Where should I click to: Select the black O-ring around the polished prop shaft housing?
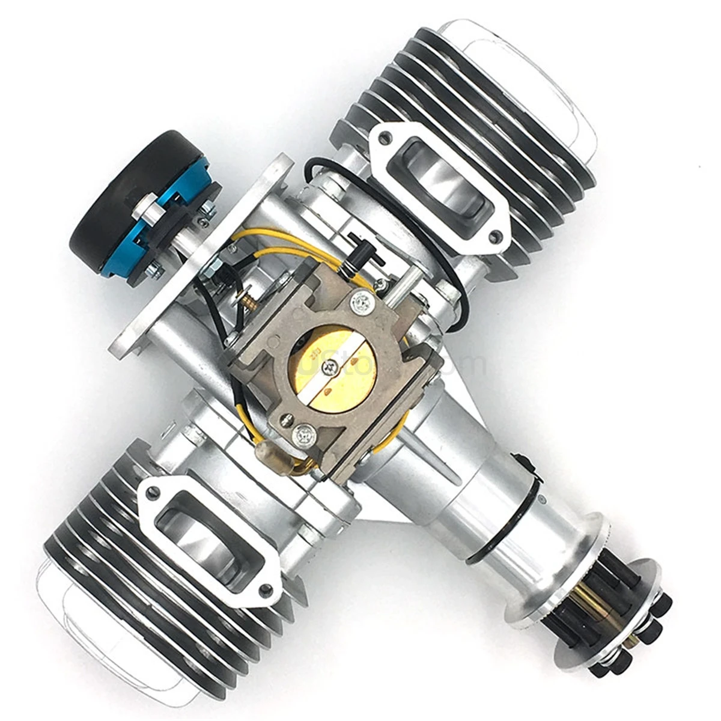click(541, 517)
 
